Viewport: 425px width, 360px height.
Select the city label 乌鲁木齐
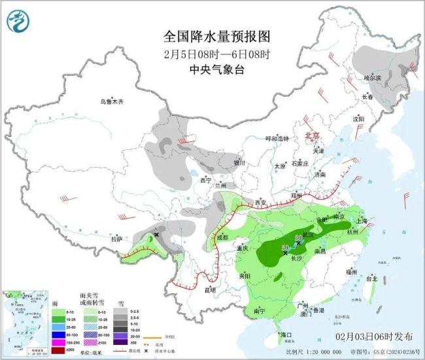point(111,101)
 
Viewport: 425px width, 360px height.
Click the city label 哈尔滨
point(372,78)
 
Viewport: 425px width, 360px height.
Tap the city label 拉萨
point(116,239)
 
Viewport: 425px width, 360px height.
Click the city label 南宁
point(263,311)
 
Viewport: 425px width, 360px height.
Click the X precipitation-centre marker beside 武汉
point(299,242)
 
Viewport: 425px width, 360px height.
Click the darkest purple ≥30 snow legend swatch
point(122,342)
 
